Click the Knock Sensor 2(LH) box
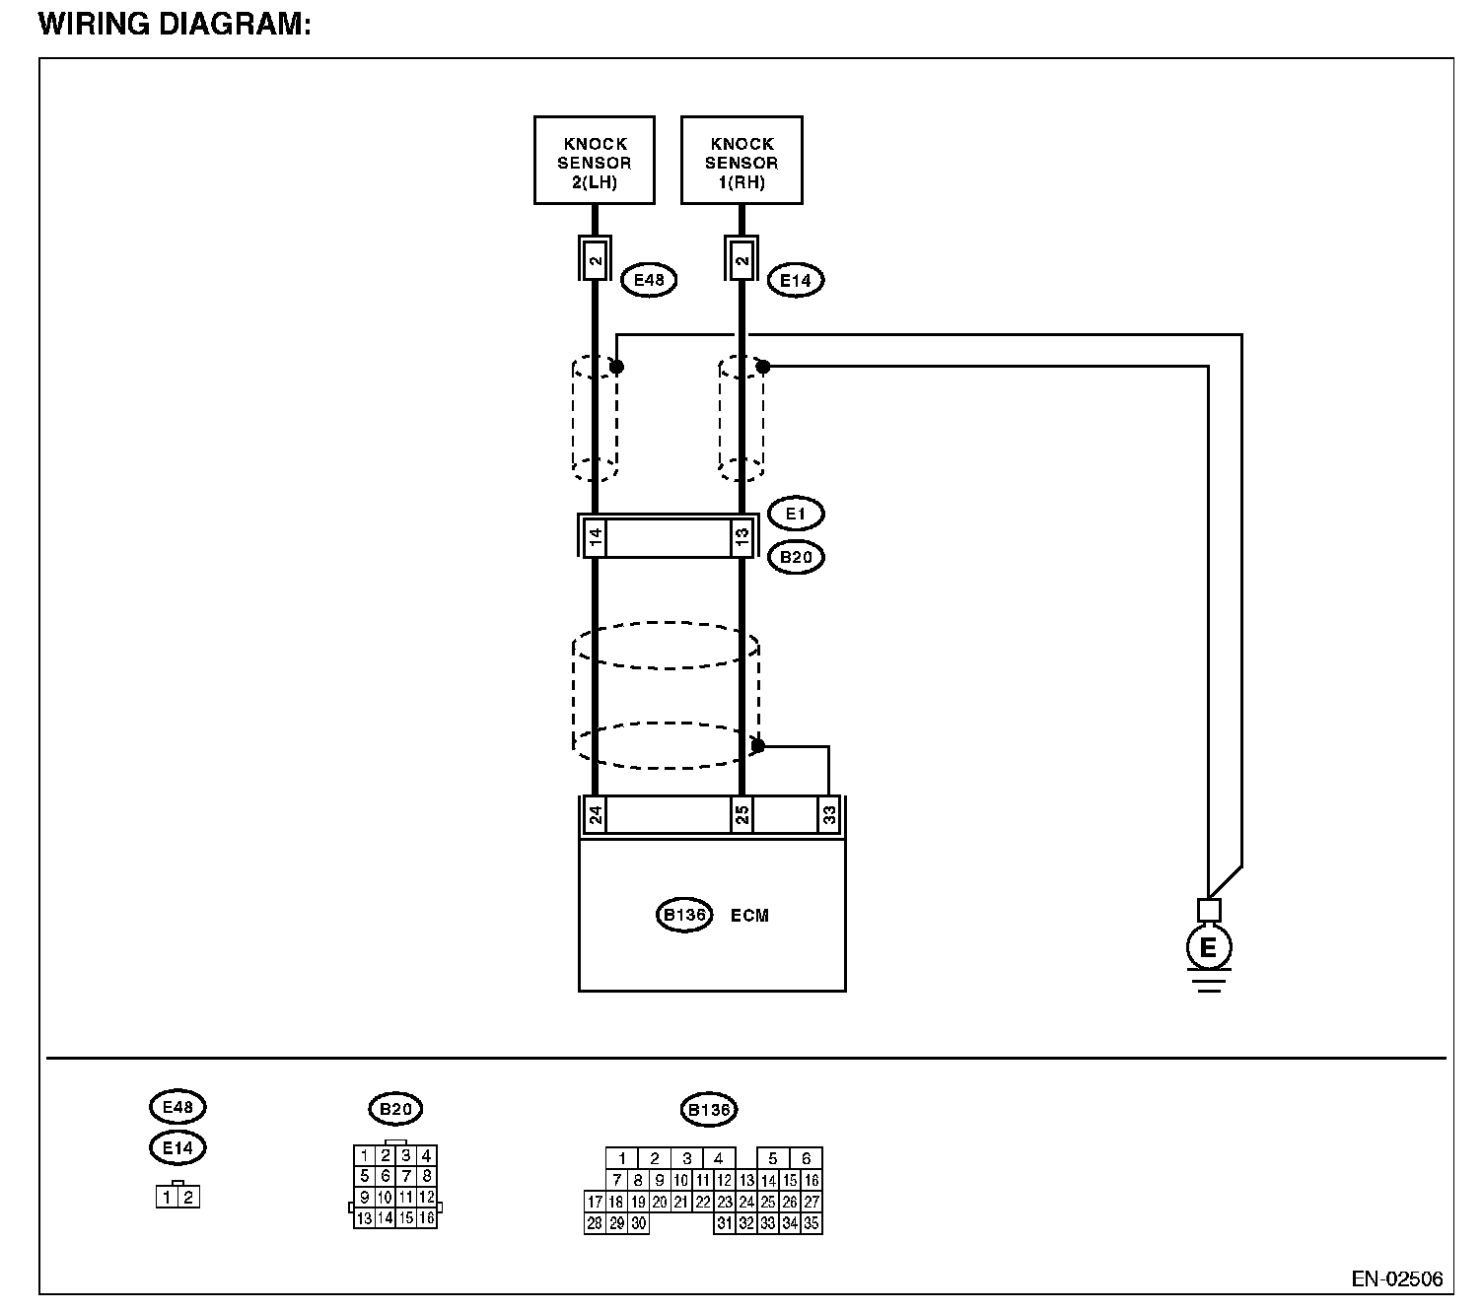(594, 161)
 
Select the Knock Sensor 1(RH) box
(741, 161)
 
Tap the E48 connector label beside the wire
(648, 280)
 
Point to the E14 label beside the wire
(795, 280)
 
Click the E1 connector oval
(795, 514)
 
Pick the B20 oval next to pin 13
(795, 557)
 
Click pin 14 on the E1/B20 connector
(595, 537)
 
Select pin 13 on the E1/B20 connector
(741, 537)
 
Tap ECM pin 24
(595, 815)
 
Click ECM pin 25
(741, 815)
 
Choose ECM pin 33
(828, 815)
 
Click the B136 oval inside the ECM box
(684, 915)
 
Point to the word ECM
(749, 916)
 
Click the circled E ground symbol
(1208, 948)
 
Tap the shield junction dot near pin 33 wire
(757, 746)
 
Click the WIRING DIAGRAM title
(175, 25)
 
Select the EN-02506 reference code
(1396, 1278)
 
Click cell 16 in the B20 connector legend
(426, 1218)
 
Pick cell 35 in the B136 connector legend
(812, 1224)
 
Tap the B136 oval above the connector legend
(708, 1110)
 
